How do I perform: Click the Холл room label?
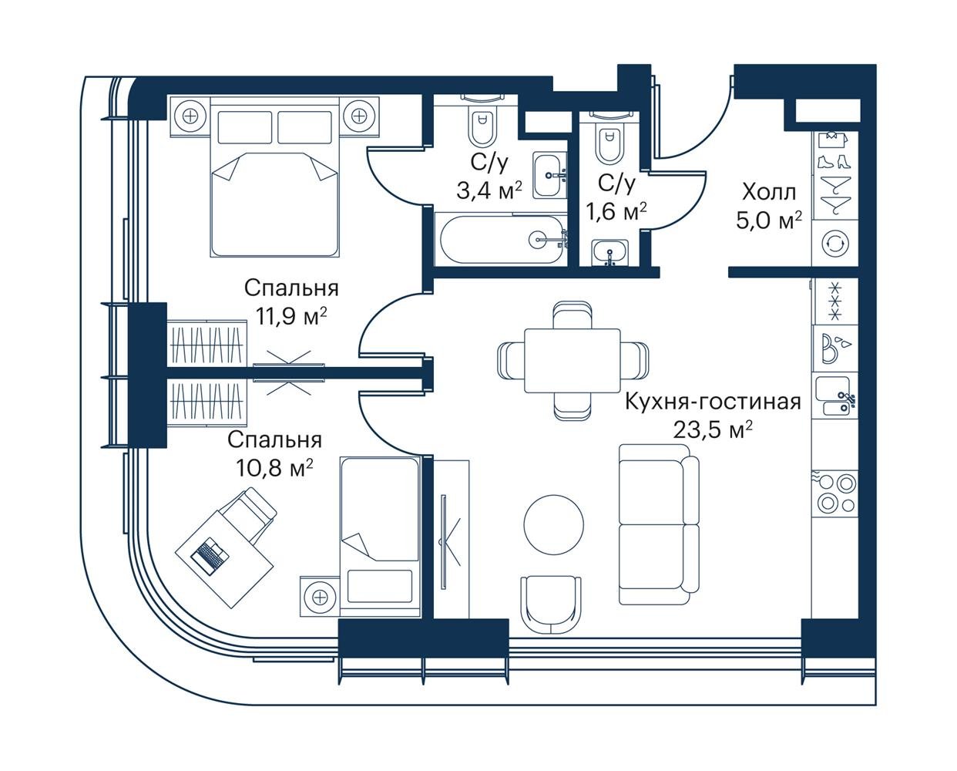(x=769, y=193)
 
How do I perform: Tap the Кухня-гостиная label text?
(x=713, y=402)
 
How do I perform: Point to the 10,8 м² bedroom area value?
(x=274, y=467)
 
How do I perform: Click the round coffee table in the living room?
(x=554, y=524)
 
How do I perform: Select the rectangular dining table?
(x=573, y=361)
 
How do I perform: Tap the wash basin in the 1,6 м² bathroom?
(x=610, y=252)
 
